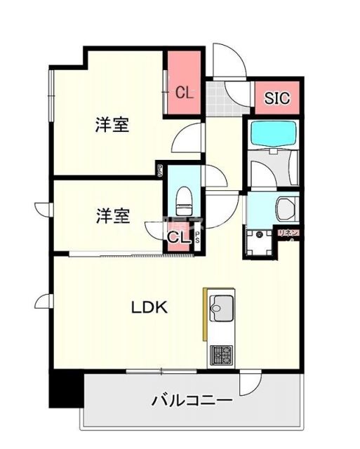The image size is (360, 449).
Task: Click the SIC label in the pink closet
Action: tap(276, 99)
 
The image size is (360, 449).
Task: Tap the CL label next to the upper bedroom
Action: tap(185, 92)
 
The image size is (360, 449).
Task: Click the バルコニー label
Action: tap(192, 401)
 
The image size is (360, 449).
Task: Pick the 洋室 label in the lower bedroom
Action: tap(112, 215)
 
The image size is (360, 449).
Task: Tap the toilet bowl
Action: tap(185, 202)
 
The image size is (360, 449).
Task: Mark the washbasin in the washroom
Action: tap(286, 208)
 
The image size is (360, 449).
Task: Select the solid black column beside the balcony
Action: tap(65, 390)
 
